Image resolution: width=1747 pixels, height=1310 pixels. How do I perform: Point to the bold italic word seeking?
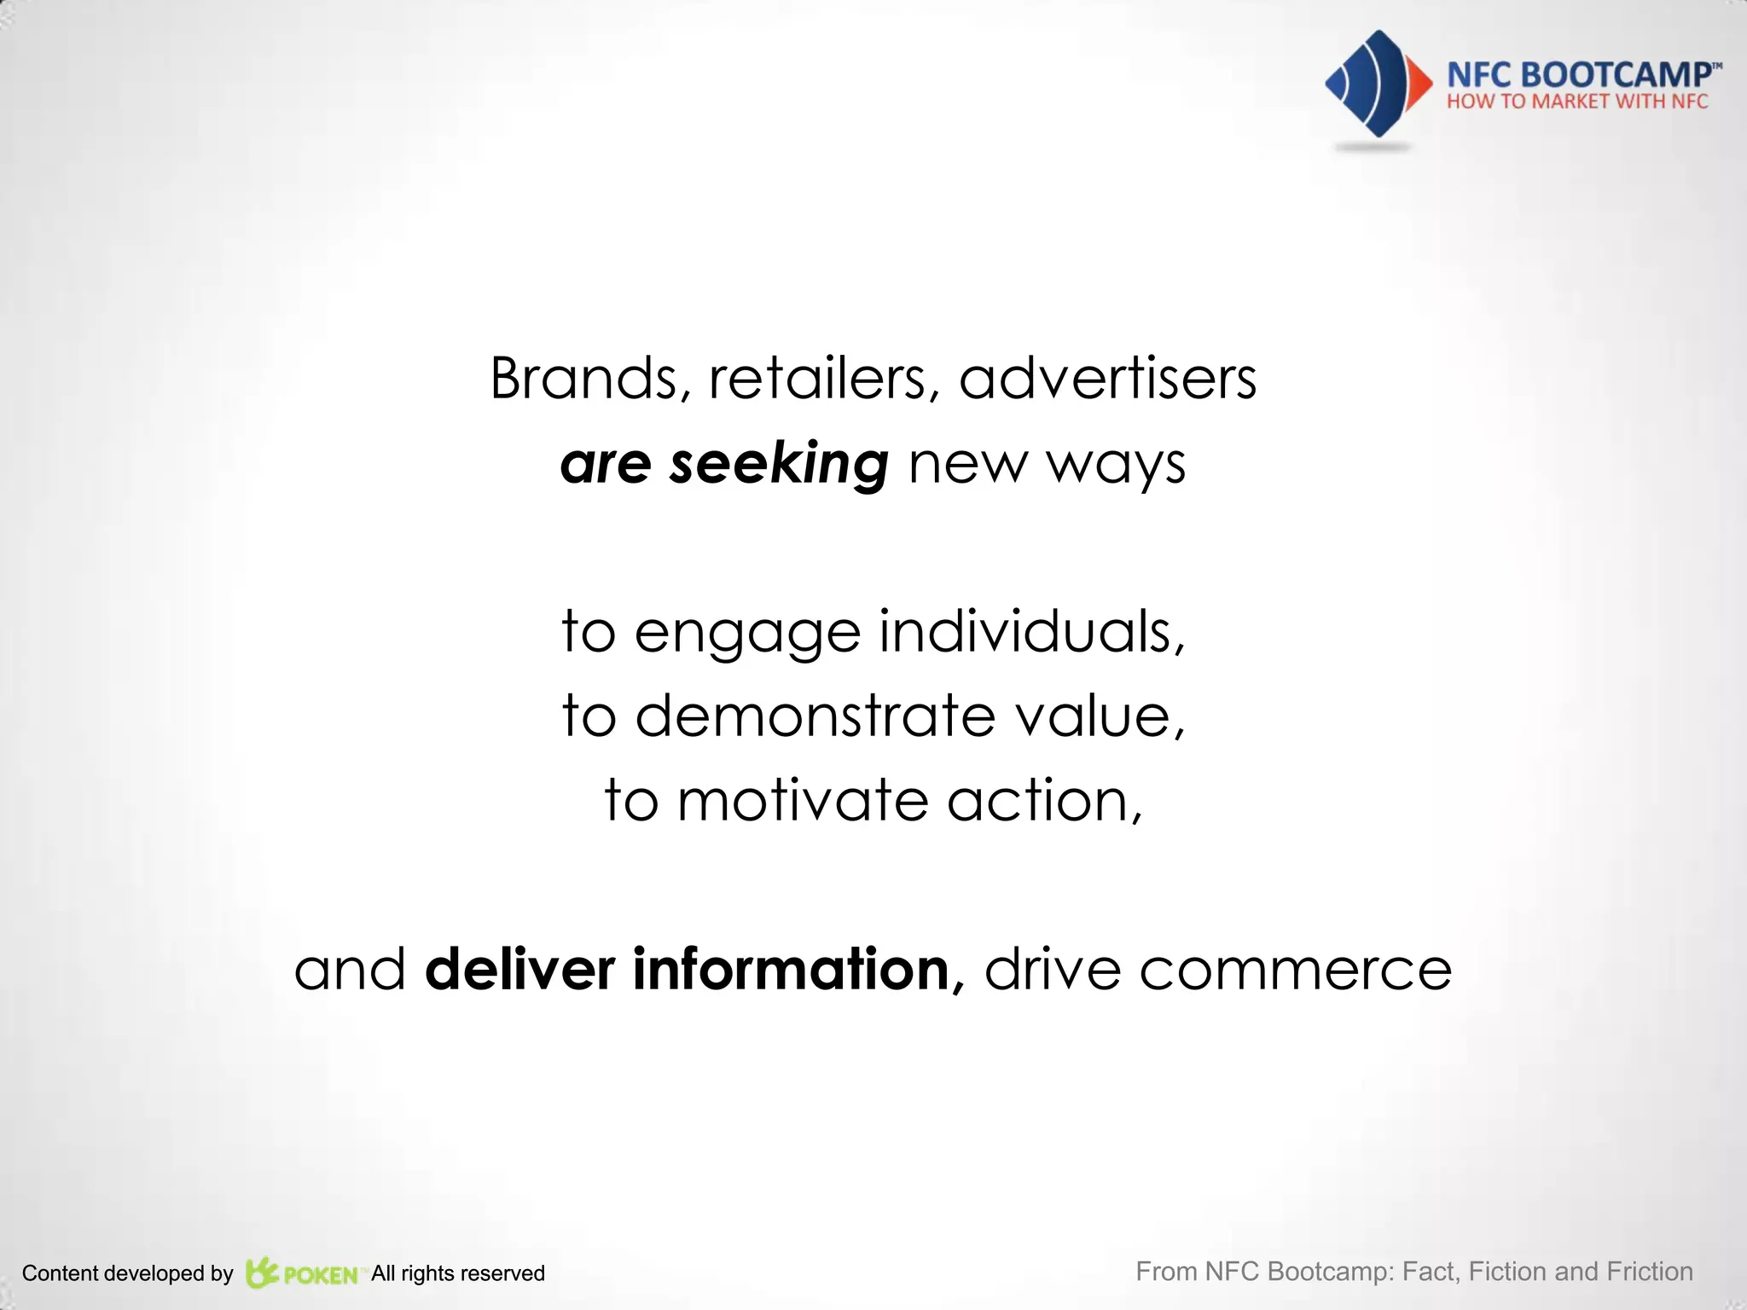(x=779, y=464)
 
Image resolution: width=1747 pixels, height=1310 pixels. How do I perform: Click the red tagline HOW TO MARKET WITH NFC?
(x=1577, y=101)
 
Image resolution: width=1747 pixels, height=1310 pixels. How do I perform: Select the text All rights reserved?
(x=458, y=1273)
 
